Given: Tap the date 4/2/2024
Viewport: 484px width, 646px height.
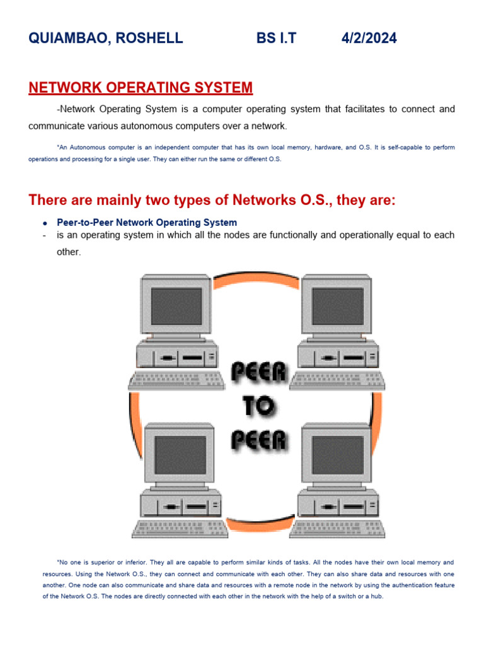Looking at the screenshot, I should [369, 38].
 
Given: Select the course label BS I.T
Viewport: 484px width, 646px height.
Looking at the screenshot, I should [276, 38].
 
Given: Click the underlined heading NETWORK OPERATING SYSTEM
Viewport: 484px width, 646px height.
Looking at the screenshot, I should [141, 88].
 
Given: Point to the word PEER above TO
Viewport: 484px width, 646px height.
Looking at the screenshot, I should [258, 374].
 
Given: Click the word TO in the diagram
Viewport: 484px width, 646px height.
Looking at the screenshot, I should [258, 408].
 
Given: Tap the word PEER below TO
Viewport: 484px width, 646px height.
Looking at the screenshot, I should [258, 440].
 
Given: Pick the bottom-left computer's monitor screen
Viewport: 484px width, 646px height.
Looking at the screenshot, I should [180, 455].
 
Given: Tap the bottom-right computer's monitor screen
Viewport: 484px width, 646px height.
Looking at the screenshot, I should [337, 455].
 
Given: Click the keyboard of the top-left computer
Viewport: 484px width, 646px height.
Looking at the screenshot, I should [176, 379].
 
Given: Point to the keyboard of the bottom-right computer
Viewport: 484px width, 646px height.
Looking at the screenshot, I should [337, 528].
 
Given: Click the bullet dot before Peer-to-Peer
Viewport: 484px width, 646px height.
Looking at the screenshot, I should [45, 223].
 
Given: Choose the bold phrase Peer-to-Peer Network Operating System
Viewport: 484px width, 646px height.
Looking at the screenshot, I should [147, 223].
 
